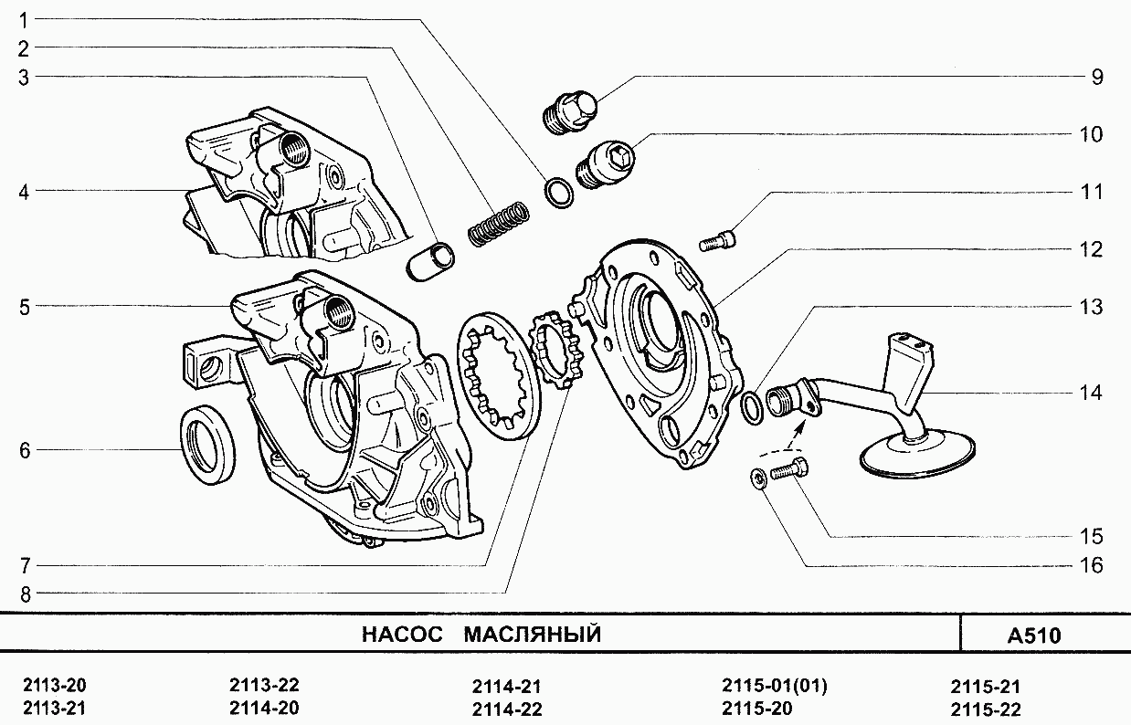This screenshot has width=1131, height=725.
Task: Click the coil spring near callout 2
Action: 499,223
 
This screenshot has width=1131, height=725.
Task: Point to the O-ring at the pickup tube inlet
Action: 751,407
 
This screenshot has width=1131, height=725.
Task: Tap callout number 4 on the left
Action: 24,192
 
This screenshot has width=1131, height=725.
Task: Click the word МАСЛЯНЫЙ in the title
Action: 532,635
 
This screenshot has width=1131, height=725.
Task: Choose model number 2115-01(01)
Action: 774,686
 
